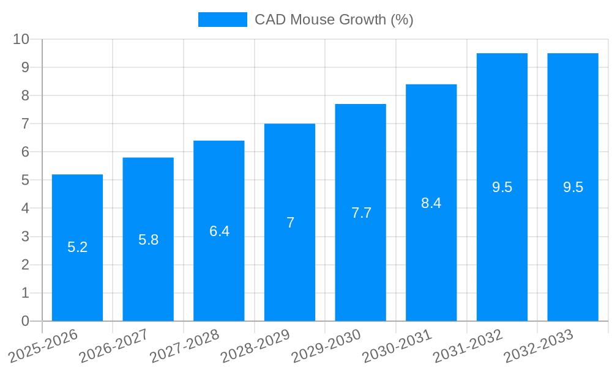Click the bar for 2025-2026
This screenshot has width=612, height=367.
(x=77, y=275)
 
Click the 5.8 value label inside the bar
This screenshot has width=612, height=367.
(x=148, y=240)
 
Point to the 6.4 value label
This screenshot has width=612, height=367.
(x=219, y=231)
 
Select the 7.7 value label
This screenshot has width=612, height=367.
(x=361, y=213)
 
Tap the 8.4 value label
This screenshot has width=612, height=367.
(x=431, y=203)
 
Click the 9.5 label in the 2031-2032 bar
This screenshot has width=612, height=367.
(x=502, y=188)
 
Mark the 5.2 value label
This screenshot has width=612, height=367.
(x=77, y=248)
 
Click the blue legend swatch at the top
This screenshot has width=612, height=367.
(x=222, y=20)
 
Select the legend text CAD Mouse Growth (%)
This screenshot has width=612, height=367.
(x=334, y=20)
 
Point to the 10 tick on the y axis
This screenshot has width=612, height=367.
(x=21, y=39)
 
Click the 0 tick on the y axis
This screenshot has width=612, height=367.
(x=25, y=321)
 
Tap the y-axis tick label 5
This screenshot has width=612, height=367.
(x=25, y=180)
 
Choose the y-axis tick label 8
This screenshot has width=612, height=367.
(x=25, y=95)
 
